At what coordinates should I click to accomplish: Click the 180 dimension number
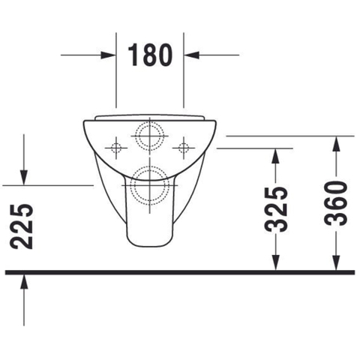click(150, 55)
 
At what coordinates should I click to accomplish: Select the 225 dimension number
click(22, 226)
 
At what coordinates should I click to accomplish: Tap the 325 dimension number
click(276, 209)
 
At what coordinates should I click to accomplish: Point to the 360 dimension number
click(336, 203)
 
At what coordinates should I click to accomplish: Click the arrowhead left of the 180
click(108, 55)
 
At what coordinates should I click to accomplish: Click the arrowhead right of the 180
click(191, 55)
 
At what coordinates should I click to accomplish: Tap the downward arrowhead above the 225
click(24, 177)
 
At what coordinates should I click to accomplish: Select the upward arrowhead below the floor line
click(24, 283)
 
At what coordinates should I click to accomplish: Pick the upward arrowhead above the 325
click(275, 157)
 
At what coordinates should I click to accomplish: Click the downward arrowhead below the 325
click(275, 262)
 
